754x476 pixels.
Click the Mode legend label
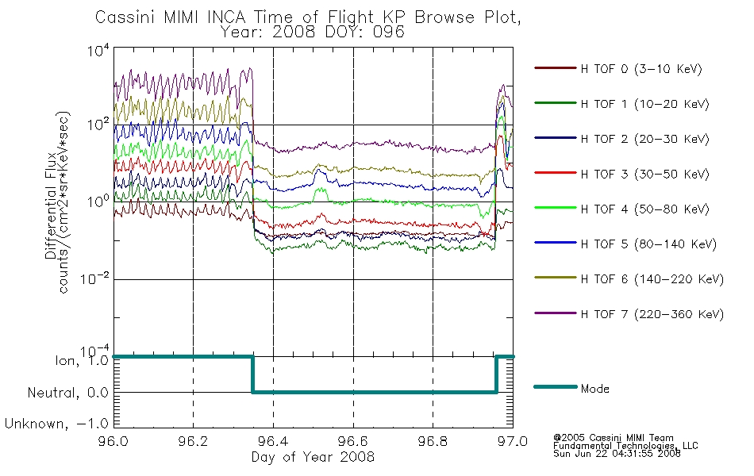pyautogui.click(x=594, y=389)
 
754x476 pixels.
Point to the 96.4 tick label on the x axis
pyautogui.click(x=273, y=441)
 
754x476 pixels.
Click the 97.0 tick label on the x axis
pyautogui.click(x=513, y=441)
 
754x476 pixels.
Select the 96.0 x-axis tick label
pyautogui.click(x=113, y=441)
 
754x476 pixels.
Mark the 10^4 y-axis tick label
pyautogui.click(x=98, y=50)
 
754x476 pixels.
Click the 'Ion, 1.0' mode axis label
pyautogui.click(x=82, y=361)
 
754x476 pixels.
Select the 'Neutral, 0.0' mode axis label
pyautogui.click(x=67, y=393)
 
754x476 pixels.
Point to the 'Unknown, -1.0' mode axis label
pyautogui.click(x=56, y=424)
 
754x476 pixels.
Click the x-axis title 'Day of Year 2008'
pyautogui.click(x=313, y=457)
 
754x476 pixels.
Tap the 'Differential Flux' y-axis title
pyautogui.click(x=51, y=206)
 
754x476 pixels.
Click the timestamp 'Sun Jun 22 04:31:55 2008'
pyautogui.click(x=617, y=454)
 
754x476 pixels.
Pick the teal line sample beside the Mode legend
pyautogui.click(x=556, y=386)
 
